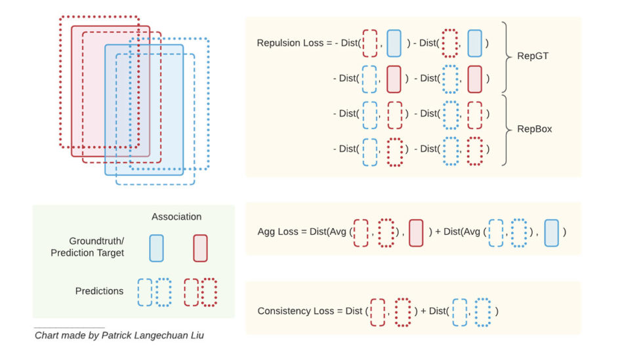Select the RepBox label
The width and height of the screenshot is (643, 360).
535,129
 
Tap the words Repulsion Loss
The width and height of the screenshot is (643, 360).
290,43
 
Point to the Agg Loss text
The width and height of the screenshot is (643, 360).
279,231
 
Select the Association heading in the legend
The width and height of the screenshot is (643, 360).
176,216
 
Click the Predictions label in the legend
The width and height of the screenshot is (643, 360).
99,291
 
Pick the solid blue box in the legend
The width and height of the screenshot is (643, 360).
156,248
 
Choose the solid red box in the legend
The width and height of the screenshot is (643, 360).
200,248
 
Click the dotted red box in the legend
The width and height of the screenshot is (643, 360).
209,292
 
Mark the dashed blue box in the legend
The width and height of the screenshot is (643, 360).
144,292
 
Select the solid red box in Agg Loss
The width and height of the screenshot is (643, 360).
415,232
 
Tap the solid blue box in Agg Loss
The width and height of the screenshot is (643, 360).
552,232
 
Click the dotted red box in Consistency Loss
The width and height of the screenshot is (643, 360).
403,311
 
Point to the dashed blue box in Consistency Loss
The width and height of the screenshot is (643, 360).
459,311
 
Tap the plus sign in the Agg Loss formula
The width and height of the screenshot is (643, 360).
438,232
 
